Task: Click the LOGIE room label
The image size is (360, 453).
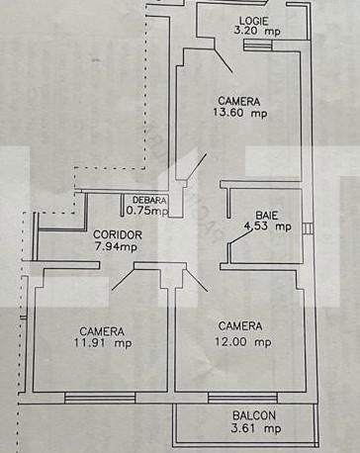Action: point(255,20)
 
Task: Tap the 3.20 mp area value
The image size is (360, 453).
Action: point(255,32)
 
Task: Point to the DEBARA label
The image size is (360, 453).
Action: point(150,200)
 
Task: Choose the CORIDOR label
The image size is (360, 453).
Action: point(118,234)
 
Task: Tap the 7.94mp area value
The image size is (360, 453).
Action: point(117,246)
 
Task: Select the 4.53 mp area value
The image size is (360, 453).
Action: point(267,226)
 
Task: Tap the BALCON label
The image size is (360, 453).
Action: point(254,416)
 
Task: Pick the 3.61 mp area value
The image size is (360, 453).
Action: point(255,428)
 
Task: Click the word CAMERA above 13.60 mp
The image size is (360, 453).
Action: point(239,101)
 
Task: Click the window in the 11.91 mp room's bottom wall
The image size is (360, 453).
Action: point(86,398)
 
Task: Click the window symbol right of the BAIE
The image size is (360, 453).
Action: point(309,229)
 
